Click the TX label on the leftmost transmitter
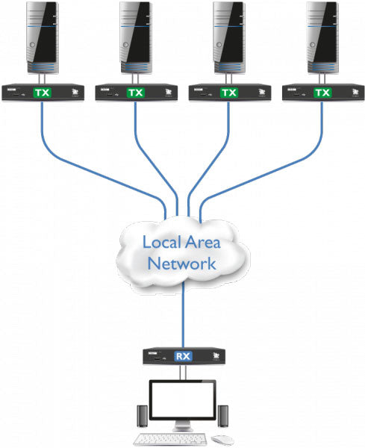(43, 93)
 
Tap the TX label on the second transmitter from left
(136, 93)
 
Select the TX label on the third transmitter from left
(229, 93)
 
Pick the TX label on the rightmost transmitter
(322, 93)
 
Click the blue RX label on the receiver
(183, 356)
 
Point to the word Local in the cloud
(163, 243)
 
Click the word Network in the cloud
(182, 264)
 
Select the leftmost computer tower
(43, 37)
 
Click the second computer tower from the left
(136, 37)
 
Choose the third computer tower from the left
(229, 37)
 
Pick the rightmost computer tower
(322, 37)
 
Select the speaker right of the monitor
(223, 414)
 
